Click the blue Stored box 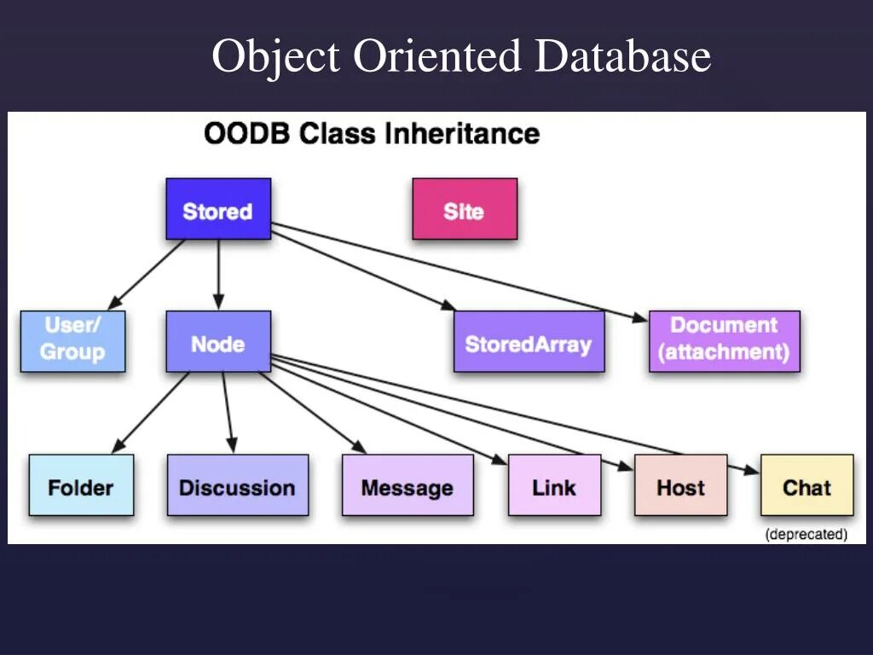coord(218,209)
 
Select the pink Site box coord(465,209)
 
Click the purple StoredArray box coord(529,342)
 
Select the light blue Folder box coord(81,485)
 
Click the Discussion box coord(237,485)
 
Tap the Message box coord(408,485)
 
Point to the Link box coord(554,485)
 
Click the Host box coord(680,485)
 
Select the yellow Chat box coord(807,485)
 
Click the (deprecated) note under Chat coord(806,535)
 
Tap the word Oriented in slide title coord(436,57)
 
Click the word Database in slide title coord(623,57)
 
